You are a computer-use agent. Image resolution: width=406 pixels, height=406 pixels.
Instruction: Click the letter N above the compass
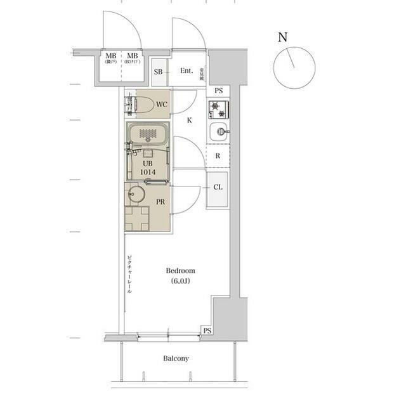(x=282, y=37)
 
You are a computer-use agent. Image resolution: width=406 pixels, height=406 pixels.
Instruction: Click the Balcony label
(x=176, y=358)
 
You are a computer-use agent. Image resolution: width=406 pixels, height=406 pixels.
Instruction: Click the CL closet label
(x=218, y=188)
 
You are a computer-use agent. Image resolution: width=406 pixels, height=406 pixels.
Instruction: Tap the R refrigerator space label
(x=218, y=155)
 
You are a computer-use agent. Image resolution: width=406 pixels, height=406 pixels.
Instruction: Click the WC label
(x=162, y=104)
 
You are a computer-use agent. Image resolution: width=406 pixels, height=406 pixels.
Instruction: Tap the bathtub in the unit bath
(x=147, y=134)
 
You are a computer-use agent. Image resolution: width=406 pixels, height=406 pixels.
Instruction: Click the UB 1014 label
(x=148, y=167)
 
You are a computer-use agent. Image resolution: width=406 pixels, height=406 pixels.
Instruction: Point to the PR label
(x=161, y=202)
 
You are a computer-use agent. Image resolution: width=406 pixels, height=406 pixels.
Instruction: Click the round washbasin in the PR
(x=136, y=194)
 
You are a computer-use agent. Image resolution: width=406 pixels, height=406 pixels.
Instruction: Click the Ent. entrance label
(x=187, y=70)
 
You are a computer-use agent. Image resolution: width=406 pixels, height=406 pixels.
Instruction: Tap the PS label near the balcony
(x=207, y=331)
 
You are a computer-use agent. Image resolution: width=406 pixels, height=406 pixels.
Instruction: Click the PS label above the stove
(x=218, y=91)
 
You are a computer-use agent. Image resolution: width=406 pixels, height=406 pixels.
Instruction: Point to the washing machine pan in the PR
(x=136, y=218)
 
